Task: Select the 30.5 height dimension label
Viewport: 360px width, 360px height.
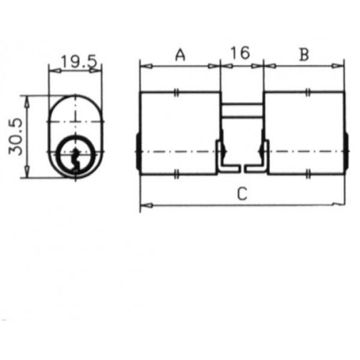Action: (x=14, y=137)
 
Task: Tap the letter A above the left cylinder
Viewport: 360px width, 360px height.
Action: (x=180, y=54)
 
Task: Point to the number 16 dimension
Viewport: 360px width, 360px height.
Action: (x=241, y=54)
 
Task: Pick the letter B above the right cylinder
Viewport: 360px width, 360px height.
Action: (x=304, y=54)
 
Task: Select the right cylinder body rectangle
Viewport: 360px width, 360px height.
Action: (x=304, y=133)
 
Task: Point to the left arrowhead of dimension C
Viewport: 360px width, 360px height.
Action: (x=144, y=205)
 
